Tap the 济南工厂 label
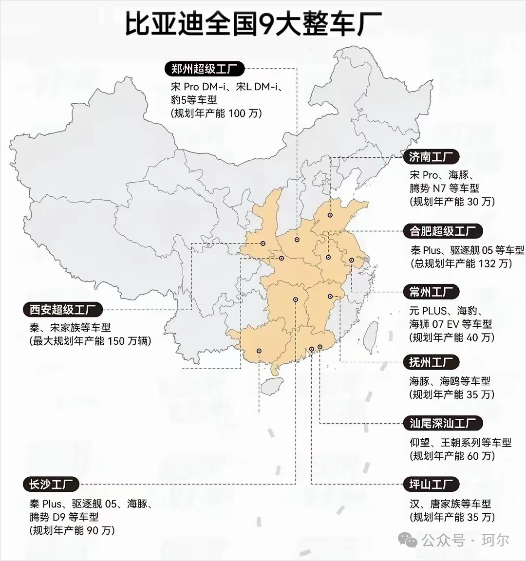[x=431, y=157]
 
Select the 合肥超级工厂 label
[x=443, y=231]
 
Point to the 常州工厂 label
[x=431, y=292]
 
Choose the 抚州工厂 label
[x=431, y=362]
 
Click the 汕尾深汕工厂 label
[x=443, y=423]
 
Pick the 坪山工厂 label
[x=431, y=485]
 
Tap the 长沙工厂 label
[x=51, y=485]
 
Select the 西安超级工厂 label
[x=63, y=309]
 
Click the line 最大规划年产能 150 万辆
[x=91, y=341]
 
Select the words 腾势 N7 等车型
[x=444, y=188]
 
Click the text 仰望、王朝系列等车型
[x=461, y=443]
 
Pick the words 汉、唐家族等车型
[x=451, y=504]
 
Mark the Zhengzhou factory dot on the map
[x=297, y=240]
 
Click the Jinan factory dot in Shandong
[x=330, y=215]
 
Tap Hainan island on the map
[x=269, y=387]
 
